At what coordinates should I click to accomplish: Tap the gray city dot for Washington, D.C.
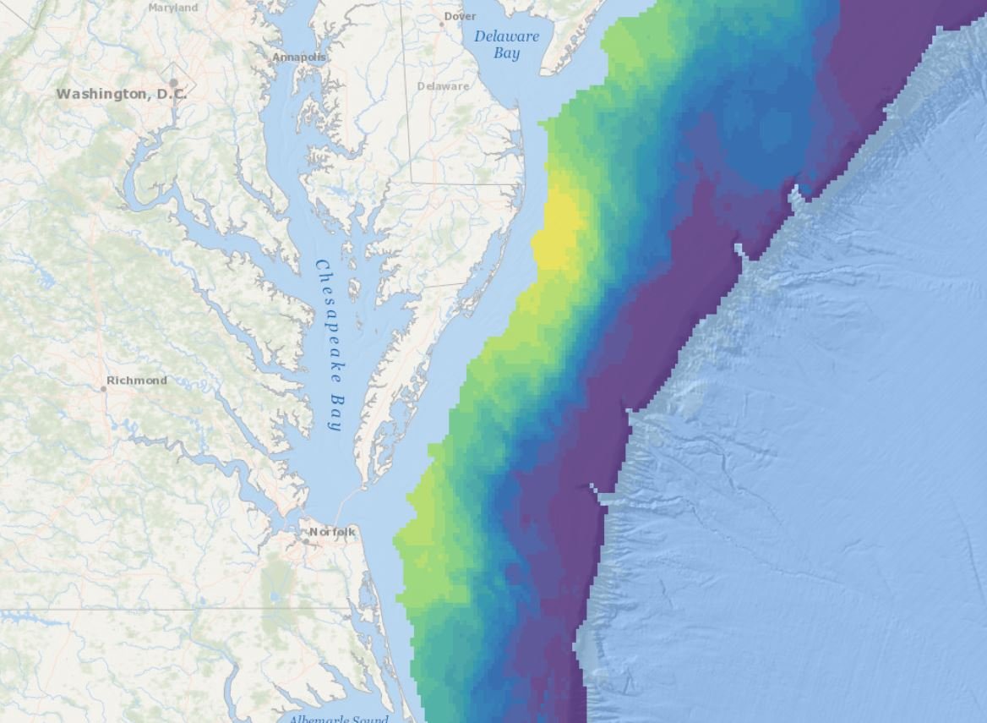coord(173,83)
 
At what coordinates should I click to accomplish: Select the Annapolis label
coord(298,58)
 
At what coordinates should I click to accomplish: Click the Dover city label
coord(461,16)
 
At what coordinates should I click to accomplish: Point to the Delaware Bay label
coord(505,45)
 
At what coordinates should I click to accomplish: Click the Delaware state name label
coord(443,86)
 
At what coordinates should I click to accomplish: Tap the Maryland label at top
coord(172,8)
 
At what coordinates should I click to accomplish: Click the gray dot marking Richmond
coord(104,388)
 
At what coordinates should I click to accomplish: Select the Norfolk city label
coord(332,532)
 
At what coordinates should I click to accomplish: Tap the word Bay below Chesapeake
coord(335,412)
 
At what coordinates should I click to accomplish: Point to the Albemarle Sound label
coord(338,719)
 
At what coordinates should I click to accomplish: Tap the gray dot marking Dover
coord(441,24)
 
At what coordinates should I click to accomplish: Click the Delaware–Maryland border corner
coord(412,182)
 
